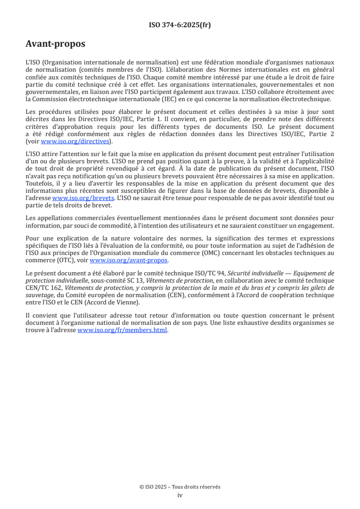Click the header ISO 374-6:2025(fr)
click(180, 25)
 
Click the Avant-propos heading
click(55, 44)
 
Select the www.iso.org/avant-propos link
click(129, 260)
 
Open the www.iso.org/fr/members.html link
click(123, 330)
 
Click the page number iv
click(180, 495)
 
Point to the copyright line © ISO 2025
click(180, 487)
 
